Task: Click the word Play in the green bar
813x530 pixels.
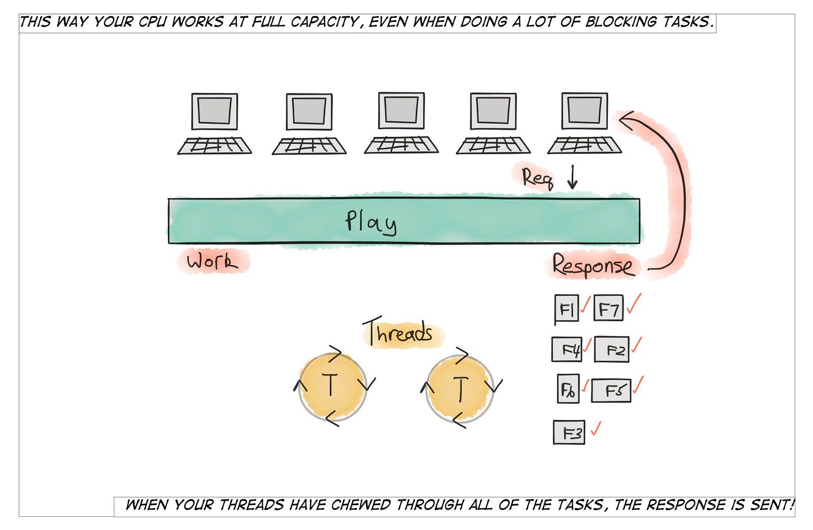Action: (371, 222)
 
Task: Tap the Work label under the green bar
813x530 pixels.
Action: (212, 261)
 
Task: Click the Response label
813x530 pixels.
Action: (593, 266)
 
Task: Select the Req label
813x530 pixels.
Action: (537, 178)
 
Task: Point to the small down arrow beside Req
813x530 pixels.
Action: (573, 177)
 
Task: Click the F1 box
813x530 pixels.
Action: (567, 309)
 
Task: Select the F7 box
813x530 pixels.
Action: (608, 309)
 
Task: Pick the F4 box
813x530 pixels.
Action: (567, 349)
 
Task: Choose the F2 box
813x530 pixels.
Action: (612, 350)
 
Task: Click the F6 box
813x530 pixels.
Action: (568, 389)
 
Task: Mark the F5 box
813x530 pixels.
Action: (611, 390)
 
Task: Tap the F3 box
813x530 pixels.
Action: (569, 433)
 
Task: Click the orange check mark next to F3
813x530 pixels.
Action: (596, 429)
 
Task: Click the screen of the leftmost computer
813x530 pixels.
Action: (214, 111)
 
